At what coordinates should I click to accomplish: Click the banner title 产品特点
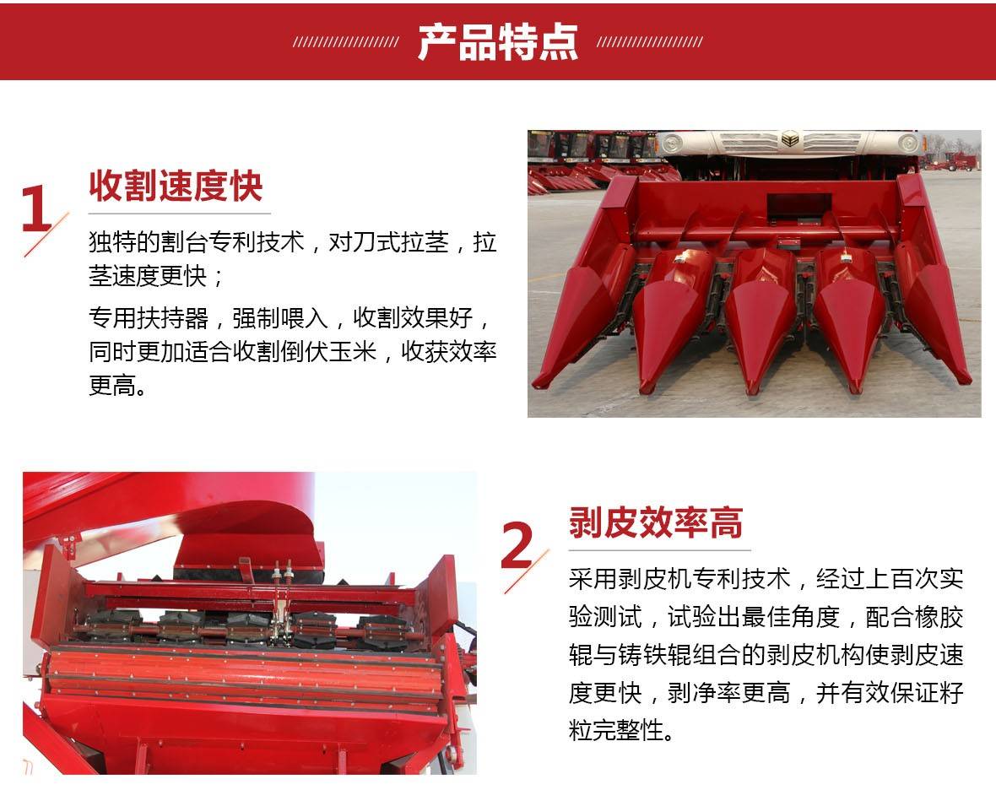(497, 42)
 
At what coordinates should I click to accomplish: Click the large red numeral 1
(36, 208)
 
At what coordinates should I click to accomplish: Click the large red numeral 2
(517, 544)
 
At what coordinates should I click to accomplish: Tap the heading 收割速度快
(176, 186)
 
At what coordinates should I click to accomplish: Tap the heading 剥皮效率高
(656, 522)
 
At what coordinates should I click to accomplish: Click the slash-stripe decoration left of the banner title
(346, 42)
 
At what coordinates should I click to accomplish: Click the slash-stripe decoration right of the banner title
(649, 42)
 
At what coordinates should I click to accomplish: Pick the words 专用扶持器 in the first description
(149, 317)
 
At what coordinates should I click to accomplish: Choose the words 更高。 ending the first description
(118, 385)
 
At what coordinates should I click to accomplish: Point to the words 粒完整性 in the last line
(616, 730)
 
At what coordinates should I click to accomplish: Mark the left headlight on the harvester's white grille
(671, 143)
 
